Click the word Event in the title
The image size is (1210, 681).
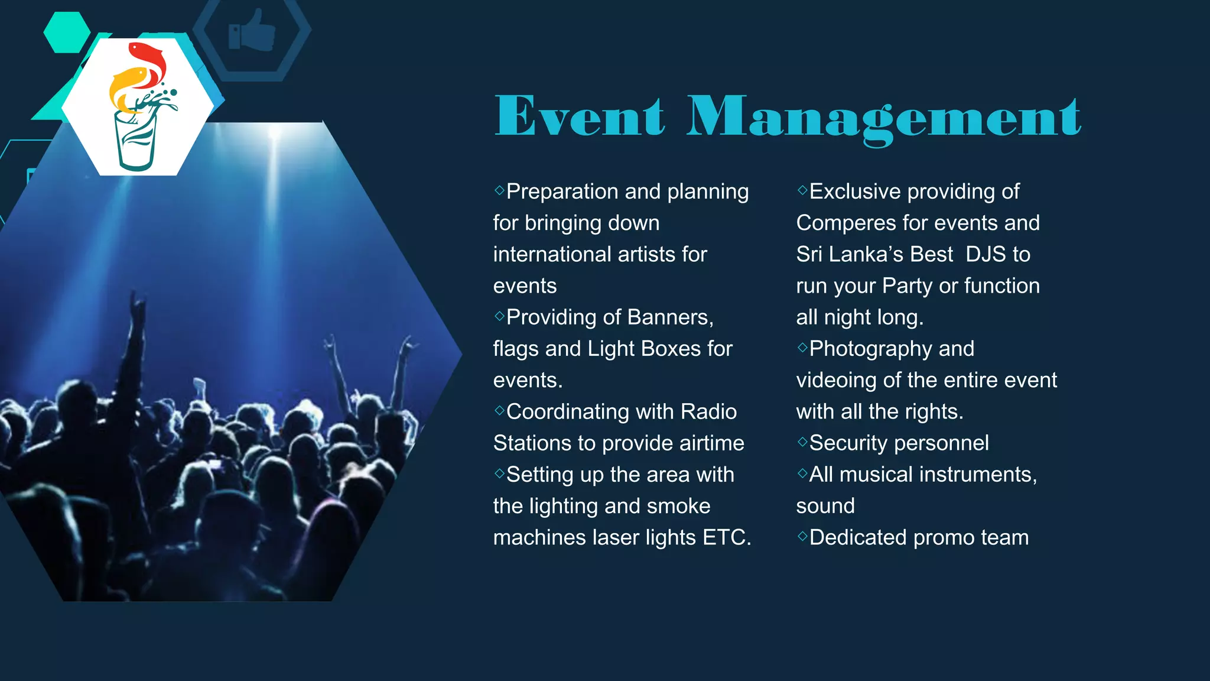(x=579, y=116)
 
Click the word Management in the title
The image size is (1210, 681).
(x=883, y=118)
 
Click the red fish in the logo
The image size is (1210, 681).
(x=148, y=62)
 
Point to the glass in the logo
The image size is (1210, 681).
(x=136, y=142)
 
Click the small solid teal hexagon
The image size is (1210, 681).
(x=67, y=33)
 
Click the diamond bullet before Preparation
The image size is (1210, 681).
(x=499, y=190)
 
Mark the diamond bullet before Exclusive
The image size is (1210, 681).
(x=802, y=190)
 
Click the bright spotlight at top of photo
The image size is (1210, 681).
(x=274, y=133)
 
